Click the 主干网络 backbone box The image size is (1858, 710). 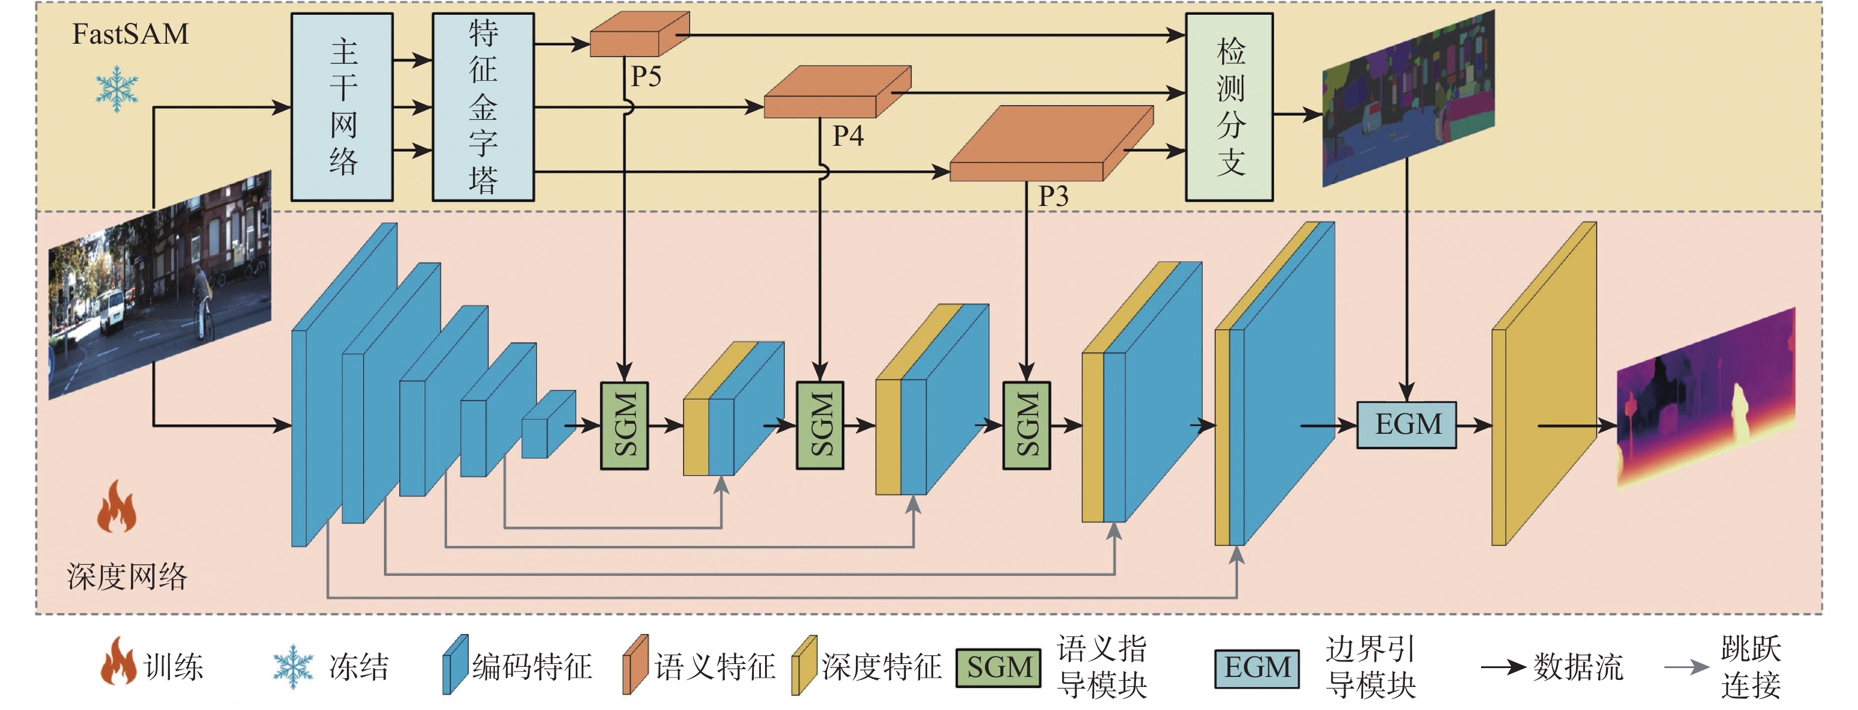(x=342, y=107)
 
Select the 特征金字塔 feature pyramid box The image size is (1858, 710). (x=482, y=107)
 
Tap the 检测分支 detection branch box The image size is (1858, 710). (x=1229, y=107)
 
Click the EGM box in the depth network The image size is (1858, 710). (x=1407, y=425)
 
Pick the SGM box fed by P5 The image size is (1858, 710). (x=625, y=426)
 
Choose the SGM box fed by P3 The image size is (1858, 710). (x=1026, y=426)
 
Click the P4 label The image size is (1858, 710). (x=848, y=136)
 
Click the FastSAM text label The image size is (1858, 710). (x=130, y=34)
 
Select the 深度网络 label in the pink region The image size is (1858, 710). (x=127, y=577)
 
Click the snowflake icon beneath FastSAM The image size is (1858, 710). (x=117, y=89)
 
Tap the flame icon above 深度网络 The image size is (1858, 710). (x=117, y=506)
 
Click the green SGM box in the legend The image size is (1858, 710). (x=999, y=668)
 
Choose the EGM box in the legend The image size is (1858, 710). (x=1256, y=668)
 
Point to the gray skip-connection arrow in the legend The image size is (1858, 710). (x=1686, y=668)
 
